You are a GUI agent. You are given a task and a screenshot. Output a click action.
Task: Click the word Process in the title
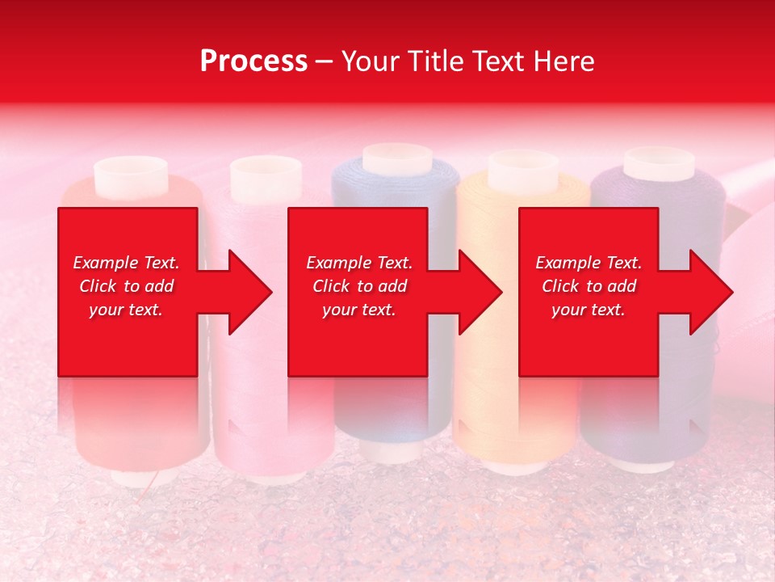click(253, 61)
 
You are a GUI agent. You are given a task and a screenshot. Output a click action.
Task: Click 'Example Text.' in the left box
click(126, 263)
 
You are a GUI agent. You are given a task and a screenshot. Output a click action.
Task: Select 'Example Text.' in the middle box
click(359, 263)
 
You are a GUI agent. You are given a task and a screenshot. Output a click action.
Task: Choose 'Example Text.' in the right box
click(589, 263)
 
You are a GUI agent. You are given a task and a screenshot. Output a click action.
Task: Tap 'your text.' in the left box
click(126, 310)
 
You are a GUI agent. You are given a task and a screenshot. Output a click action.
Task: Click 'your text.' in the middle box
click(359, 310)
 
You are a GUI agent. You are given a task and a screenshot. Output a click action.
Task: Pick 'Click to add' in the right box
click(589, 286)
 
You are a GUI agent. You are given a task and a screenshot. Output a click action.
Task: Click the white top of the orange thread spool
click(523, 170)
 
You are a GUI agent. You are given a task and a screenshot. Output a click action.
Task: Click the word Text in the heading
click(495, 61)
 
